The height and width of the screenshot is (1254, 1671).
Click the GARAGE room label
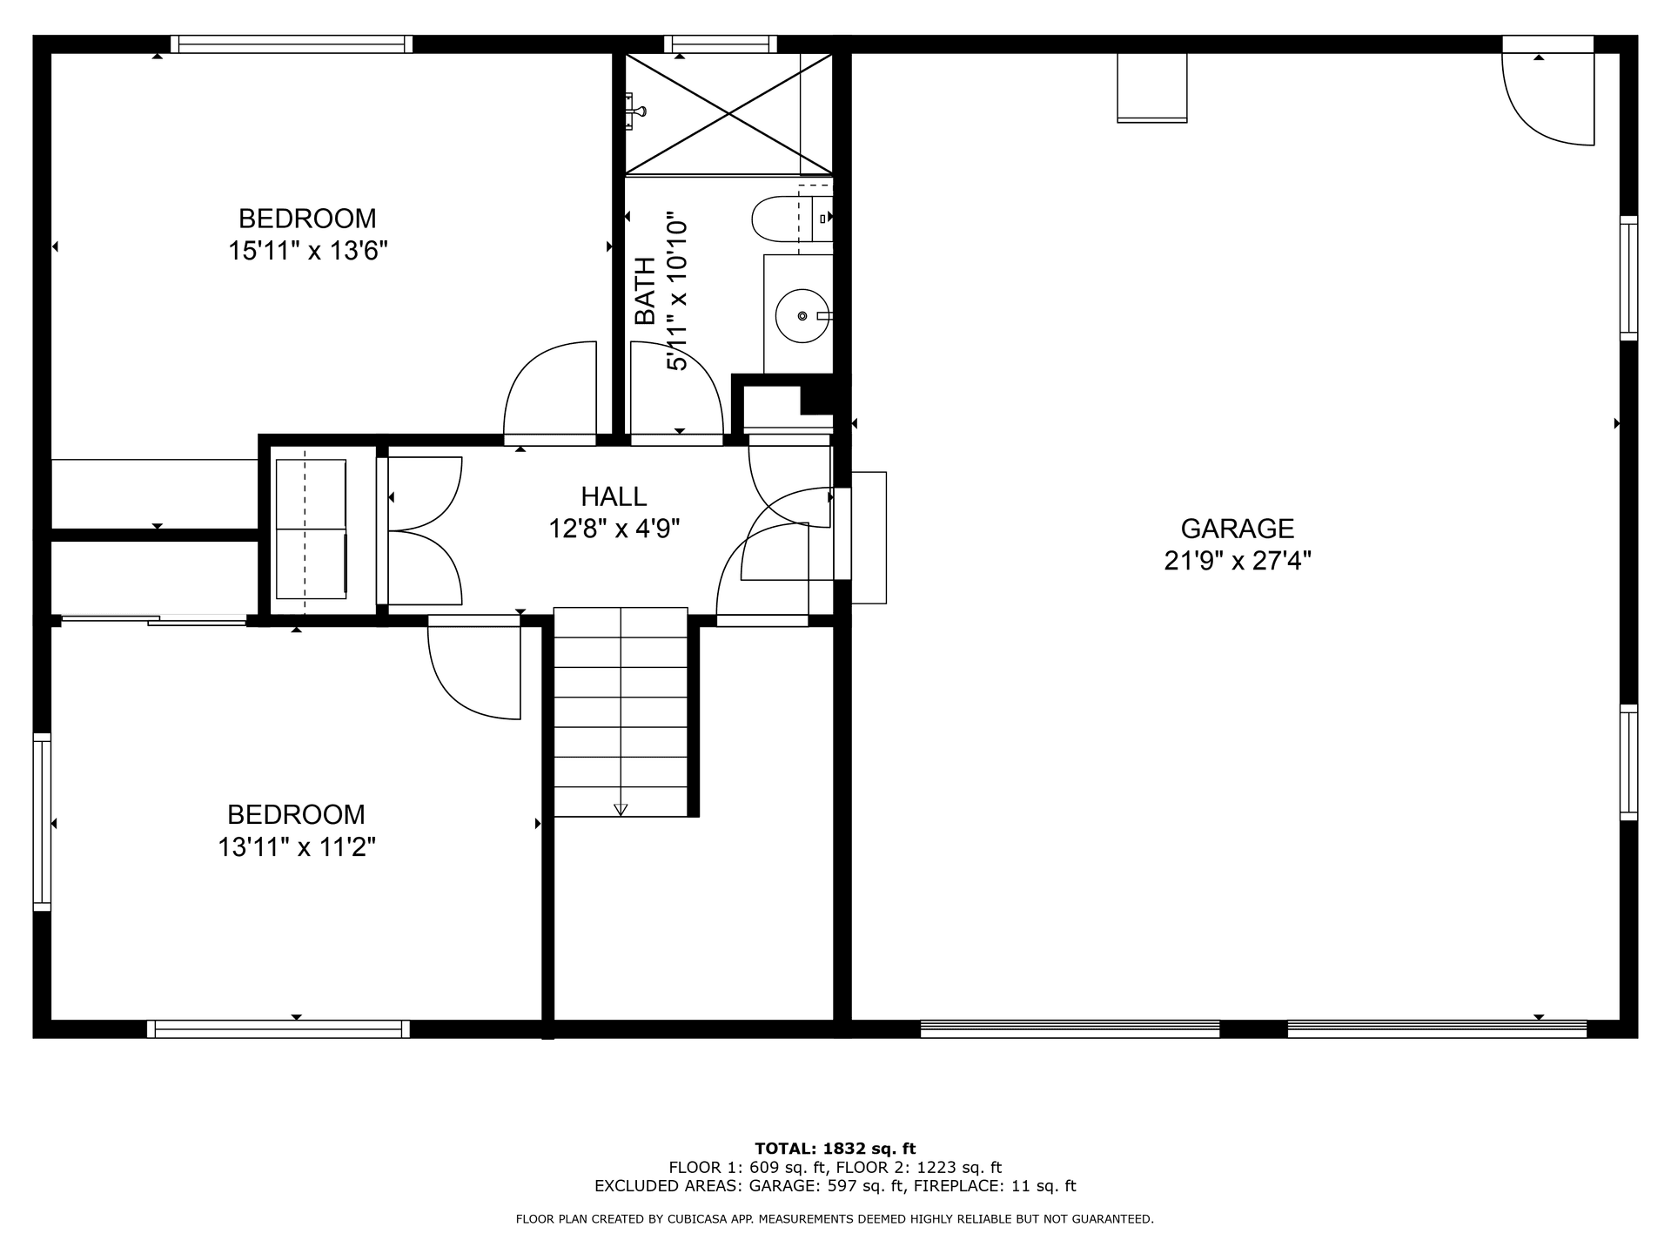point(1237,529)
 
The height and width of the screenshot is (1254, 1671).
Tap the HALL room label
point(614,496)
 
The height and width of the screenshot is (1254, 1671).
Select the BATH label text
point(644,291)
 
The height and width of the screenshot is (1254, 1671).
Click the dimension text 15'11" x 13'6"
point(308,251)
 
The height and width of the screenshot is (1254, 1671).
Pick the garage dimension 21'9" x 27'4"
point(1238,561)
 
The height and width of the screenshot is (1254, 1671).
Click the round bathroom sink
point(802,315)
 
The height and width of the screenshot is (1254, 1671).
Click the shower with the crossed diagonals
point(728,113)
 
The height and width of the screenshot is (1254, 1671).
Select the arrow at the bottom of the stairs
point(621,809)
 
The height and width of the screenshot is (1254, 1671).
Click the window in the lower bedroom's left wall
point(42,822)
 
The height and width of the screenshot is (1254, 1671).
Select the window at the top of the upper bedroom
point(292,44)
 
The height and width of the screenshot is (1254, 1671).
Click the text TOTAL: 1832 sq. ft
point(835,1149)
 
